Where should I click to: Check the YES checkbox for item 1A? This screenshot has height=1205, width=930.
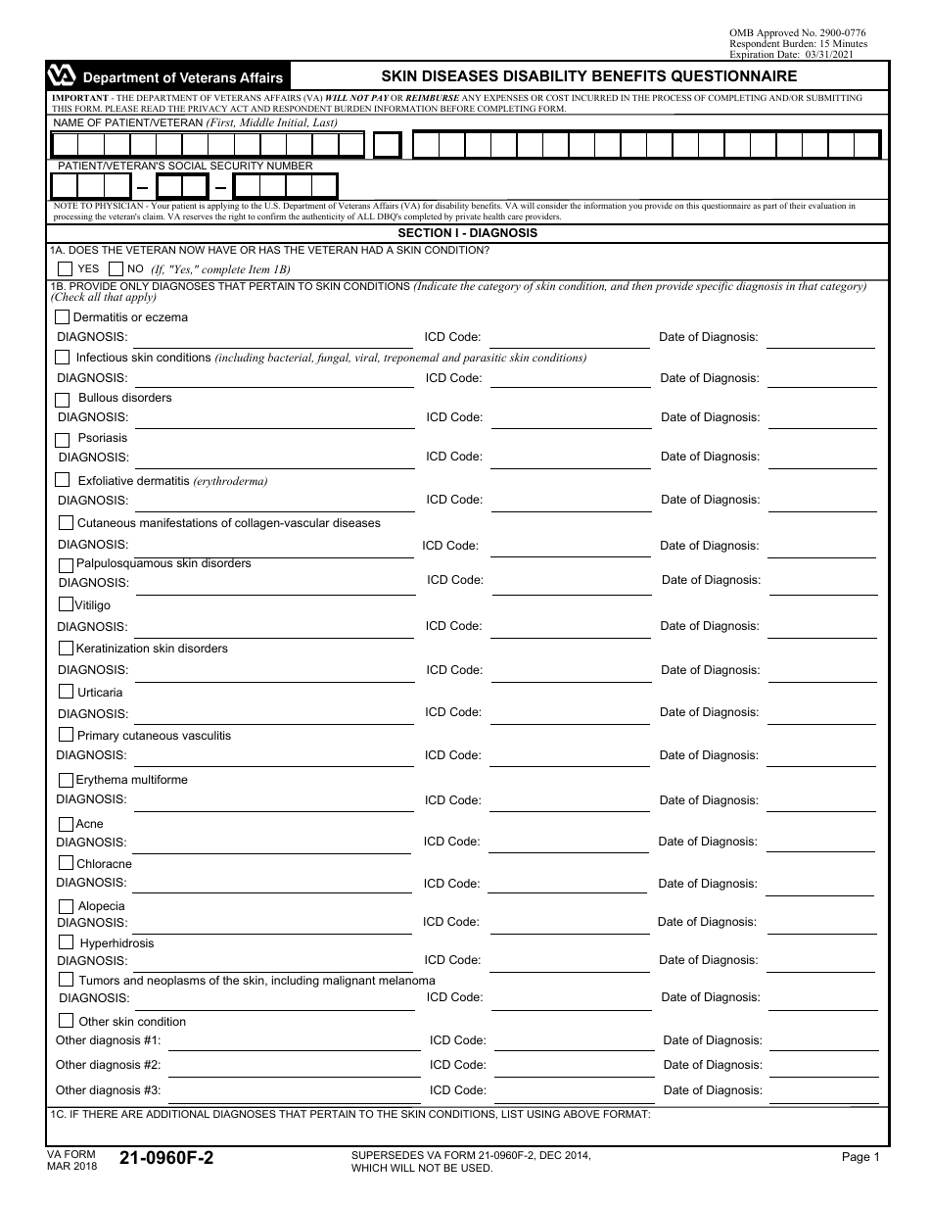click(65, 268)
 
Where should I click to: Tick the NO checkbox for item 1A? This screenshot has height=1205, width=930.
click(116, 268)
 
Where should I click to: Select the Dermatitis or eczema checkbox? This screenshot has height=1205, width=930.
click(63, 317)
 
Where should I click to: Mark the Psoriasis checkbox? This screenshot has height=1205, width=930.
click(63, 439)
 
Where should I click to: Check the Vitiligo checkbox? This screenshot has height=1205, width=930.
click(67, 604)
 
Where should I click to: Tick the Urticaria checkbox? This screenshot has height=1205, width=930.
click(66, 692)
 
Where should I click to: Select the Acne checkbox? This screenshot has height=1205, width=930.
click(67, 824)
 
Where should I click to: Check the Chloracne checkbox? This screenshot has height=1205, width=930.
click(67, 863)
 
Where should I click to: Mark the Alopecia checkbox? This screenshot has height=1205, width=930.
click(67, 906)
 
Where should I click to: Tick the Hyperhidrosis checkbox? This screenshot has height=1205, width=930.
click(67, 942)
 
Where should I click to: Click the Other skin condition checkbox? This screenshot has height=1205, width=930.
click(67, 1021)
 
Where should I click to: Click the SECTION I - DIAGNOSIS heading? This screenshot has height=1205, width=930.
click(467, 234)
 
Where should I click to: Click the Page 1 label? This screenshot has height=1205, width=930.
click(860, 1157)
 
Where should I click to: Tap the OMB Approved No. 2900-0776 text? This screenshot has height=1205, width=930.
click(797, 33)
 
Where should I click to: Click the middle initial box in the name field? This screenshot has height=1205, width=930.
click(388, 145)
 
